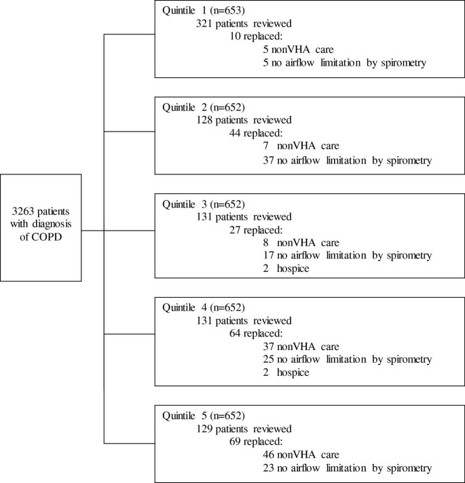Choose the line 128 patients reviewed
pos(242,121)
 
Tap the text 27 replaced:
pos(255,229)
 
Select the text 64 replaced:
pos(255,333)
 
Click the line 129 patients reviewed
pos(242,429)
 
